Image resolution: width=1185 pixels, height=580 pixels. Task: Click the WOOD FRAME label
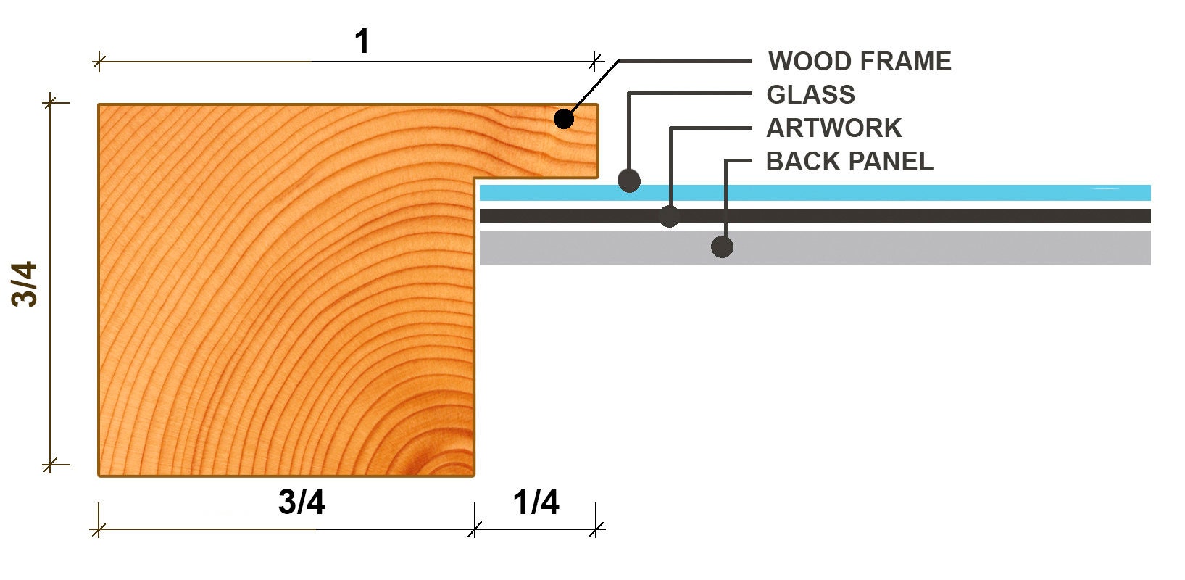coord(860,61)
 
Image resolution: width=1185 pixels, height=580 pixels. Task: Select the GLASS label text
coord(810,95)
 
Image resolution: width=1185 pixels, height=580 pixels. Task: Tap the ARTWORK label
coord(833,128)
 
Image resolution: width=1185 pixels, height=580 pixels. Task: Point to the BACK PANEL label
coord(849,162)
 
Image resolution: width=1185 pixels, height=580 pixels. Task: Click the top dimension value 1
coord(362,41)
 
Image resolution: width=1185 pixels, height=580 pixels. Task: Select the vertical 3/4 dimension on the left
coord(25,284)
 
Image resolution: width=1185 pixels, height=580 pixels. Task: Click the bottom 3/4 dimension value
coord(302,502)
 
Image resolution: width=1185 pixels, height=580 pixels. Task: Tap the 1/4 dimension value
coord(536,502)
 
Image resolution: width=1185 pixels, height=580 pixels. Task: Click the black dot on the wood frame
coord(564,119)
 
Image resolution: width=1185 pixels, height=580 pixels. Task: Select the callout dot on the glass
coord(629,181)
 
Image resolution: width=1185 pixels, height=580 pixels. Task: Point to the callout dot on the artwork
coord(669,216)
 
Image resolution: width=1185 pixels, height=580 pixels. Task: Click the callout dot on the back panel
coord(722,246)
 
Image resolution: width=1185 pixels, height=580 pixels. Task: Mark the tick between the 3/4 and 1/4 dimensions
coord(475,529)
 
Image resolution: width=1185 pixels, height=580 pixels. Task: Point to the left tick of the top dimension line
coord(99,62)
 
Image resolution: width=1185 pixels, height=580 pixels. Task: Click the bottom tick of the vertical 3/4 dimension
coord(50,465)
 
